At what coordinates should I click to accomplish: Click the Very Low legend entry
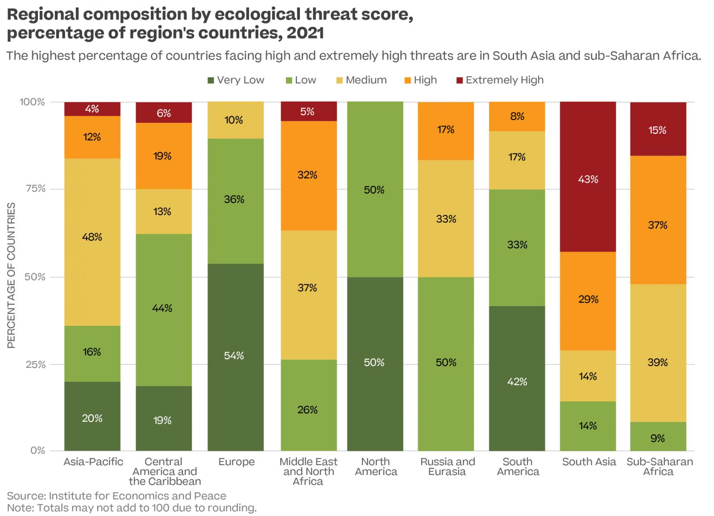pyautogui.click(x=236, y=80)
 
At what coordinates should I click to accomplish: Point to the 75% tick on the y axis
pyautogui.click(x=34, y=189)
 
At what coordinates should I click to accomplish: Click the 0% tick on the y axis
pyautogui.click(x=37, y=450)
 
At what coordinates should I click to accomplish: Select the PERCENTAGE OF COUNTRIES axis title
pyautogui.click(x=12, y=275)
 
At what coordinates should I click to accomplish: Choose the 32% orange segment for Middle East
pyautogui.click(x=308, y=175)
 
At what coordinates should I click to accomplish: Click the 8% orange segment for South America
pyautogui.click(x=517, y=117)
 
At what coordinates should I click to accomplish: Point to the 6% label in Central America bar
pyautogui.click(x=164, y=113)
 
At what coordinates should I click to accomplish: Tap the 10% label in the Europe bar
pyautogui.click(x=234, y=120)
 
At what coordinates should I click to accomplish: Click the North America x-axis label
pyautogui.click(x=376, y=467)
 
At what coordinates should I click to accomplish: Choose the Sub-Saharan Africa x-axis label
pyautogui.click(x=659, y=467)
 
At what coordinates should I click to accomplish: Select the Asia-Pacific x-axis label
pyautogui.click(x=93, y=462)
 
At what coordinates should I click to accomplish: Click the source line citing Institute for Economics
pyautogui.click(x=117, y=496)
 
